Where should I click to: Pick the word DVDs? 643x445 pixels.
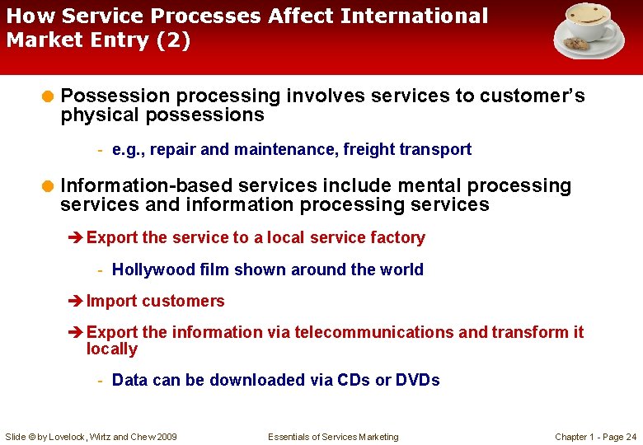[x=417, y=380]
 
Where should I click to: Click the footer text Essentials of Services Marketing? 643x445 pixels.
[x=333, y=437]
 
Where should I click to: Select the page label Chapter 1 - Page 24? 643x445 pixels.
[x=595, y=437]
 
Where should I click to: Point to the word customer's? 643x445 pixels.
[x=533, y=96]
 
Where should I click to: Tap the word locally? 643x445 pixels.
[x=112, y=349]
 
